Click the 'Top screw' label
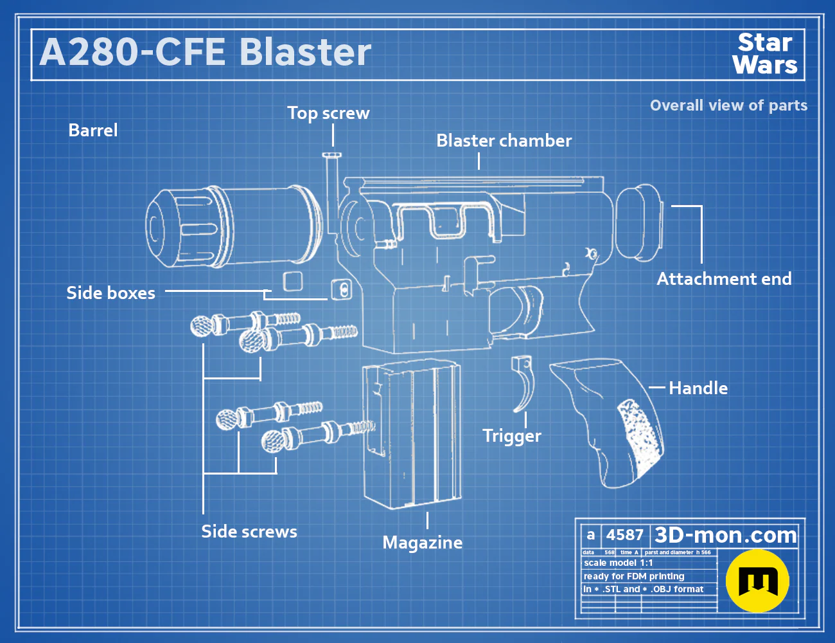tap(329, 113)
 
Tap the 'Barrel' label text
tap(93, 131)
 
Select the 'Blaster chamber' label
tap(504, 141)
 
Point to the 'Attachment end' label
tap(725, 279)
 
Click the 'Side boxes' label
tap(111, 293)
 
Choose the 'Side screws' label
tap(249, 532)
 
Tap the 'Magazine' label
tap(423, 543)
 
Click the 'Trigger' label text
tap(512, 436)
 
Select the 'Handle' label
tap(698, 388)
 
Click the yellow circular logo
tap(757, 581)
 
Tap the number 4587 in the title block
tap(624, 535)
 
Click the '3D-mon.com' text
tap(725, 535)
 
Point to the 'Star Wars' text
tap(765, 53)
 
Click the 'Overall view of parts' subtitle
tap(728, 105)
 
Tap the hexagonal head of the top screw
tap(332, 156)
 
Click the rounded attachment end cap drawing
tap(639, 222)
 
